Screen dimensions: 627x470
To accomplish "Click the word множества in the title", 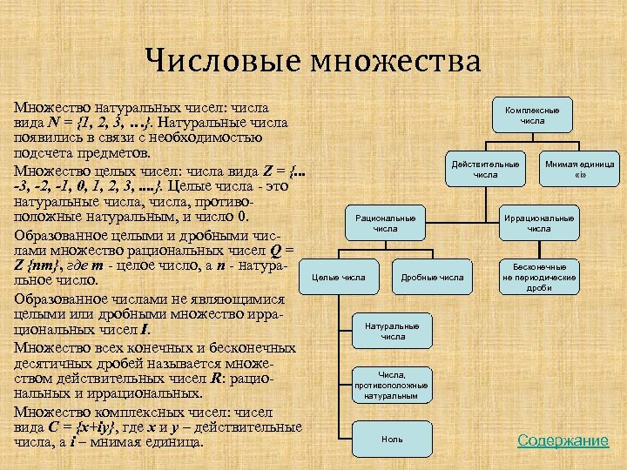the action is [x=394, y=62].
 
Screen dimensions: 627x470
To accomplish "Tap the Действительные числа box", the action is [x=485, y=169].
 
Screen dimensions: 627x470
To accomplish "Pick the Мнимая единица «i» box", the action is [x=579, y=169].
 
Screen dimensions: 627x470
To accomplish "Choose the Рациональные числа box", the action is [x=384, y=223].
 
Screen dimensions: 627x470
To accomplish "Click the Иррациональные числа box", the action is [x=539, y=223].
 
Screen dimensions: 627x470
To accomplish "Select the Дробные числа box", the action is [x=431, y=278].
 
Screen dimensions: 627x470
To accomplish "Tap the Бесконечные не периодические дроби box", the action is [x=539, y=277].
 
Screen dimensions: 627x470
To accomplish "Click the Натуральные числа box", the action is [x=392, y=331].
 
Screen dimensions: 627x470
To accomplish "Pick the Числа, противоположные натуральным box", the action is [x=392, y=385].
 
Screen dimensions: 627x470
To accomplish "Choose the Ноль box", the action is [x=392, y=439].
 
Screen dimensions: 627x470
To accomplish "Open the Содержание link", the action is [x=563, y=440].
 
